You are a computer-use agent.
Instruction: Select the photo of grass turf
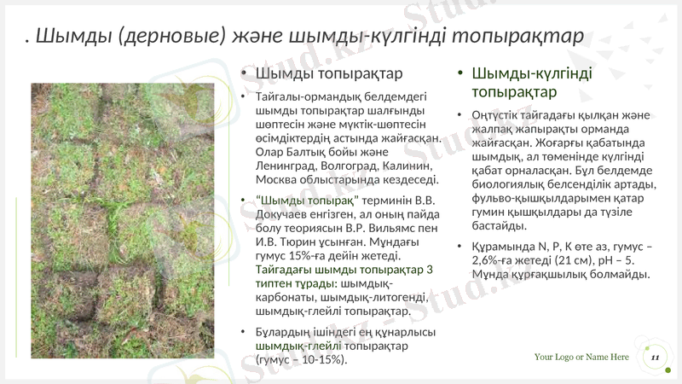[123, 220]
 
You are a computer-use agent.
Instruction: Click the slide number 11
[654, 358]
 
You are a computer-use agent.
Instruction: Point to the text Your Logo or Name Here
[581, 357]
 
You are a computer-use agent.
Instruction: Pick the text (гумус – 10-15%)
[302, 360]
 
